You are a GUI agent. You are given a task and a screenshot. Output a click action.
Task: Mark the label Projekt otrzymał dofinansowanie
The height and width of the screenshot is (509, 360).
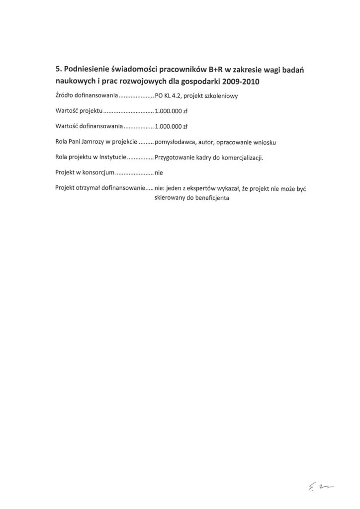(x=98, y=188)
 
